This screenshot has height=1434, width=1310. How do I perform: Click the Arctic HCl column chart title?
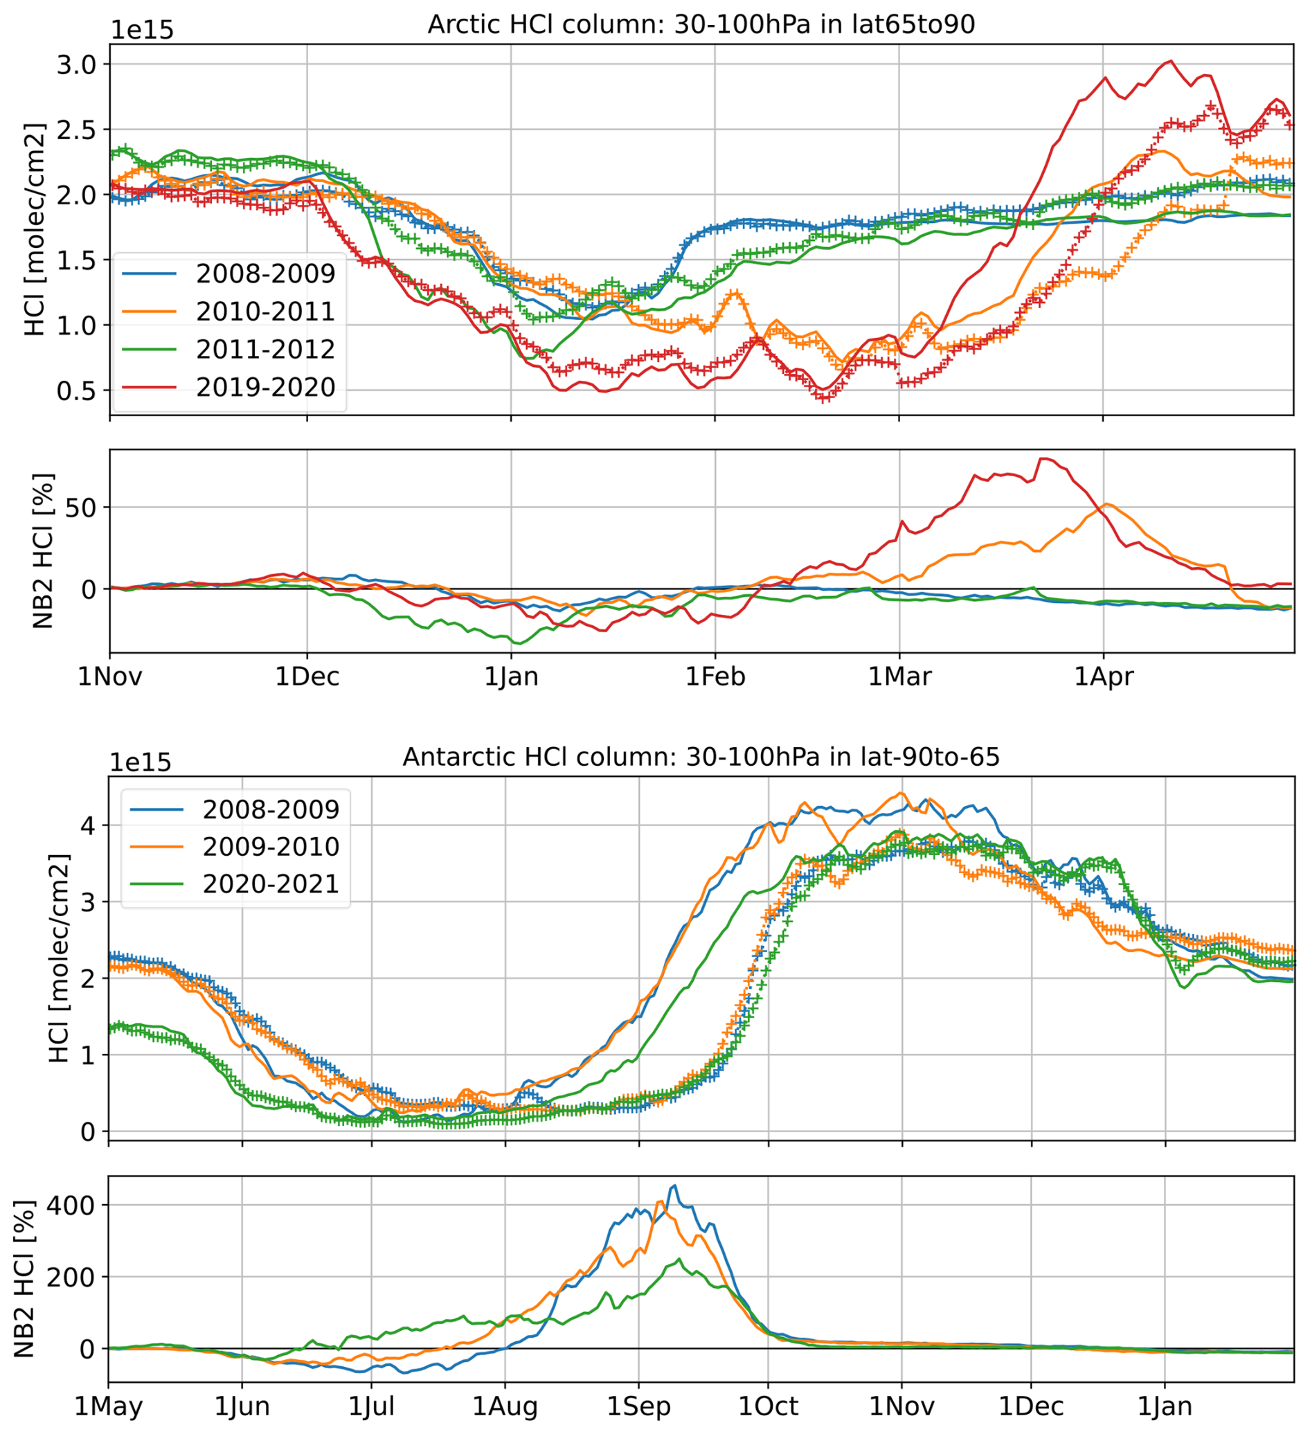click(701, 24)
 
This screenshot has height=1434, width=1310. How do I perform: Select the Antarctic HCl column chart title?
click(701, 757)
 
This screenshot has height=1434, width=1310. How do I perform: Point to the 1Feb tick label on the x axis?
click(715, 676)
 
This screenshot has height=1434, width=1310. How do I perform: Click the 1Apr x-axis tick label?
click(1103, 676)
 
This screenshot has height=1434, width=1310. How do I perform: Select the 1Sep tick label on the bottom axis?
click(638, 1406)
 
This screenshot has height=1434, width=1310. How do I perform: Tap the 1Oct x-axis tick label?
click(768, 1406)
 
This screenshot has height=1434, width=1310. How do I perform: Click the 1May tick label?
click(109, 1406)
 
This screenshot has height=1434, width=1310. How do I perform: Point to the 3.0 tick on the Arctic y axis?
click(75, 64)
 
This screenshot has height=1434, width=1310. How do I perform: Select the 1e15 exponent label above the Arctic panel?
click(142, 30)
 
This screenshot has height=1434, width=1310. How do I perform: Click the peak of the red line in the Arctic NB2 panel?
click(1043, 459)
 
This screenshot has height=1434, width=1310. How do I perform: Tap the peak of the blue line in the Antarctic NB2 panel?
click(674, 1185)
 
